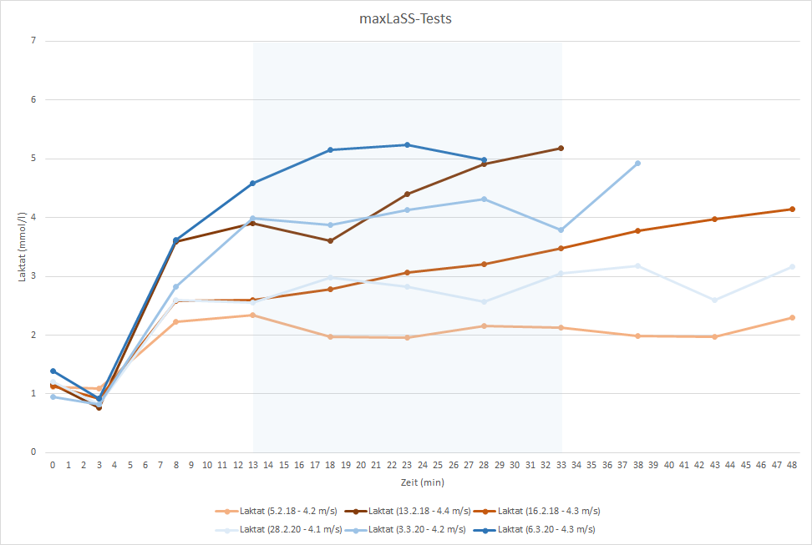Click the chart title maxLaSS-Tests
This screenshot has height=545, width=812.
coord(405,18)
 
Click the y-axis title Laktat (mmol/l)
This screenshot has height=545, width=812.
coord(23,246)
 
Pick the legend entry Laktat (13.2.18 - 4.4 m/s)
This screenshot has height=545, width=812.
coord(417,511)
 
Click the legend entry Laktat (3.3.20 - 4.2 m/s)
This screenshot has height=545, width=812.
coord(417,529)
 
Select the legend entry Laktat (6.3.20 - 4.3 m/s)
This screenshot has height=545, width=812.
coord(545,529)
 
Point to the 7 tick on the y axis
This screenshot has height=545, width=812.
coord(34,41)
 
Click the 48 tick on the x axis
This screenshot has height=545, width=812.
coord(792,464)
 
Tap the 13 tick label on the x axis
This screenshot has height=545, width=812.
coord(253,464)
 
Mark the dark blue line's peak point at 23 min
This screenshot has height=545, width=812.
coord(407,145)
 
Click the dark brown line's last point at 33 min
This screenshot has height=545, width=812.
coord(561,148)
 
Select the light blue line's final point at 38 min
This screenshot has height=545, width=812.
coord(637,164)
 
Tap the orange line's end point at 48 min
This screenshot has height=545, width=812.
coord(792,209)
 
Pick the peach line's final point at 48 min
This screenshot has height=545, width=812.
coord(792,317)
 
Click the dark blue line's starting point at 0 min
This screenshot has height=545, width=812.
coord(53,371)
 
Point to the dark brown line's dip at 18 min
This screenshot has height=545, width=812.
coord(330,240)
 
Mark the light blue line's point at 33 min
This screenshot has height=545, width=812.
coord(561,230)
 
